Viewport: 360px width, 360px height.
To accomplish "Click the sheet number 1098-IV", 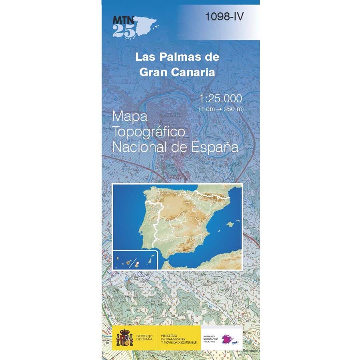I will [x=224, y=16].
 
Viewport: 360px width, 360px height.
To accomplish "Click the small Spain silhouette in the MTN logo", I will [x=144, y=24].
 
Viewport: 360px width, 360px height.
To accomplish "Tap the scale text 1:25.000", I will [x=220, y=98].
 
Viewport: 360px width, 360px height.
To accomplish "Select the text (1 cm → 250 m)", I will [x=221, y=109].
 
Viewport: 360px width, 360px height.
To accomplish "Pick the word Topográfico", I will [x=148, y=132].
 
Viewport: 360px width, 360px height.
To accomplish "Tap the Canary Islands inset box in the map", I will [x=136, y=260].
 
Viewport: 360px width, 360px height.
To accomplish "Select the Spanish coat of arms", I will [x=124, y=338].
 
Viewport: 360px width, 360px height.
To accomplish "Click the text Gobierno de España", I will [x=144, y=338].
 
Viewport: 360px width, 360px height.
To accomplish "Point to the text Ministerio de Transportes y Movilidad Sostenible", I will [x=179, y=338].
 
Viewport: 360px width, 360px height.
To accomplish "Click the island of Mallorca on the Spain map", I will [x=230, y=224].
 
